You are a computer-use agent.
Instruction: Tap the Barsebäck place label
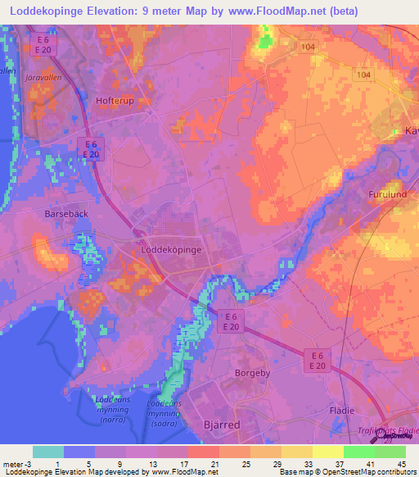[62, 212]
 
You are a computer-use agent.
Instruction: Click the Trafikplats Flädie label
[389, 430]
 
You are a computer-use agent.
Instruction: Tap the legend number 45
[402, 463]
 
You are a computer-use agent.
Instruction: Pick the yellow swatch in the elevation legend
[328, 452]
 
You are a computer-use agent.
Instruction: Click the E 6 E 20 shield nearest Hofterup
[92, 149]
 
